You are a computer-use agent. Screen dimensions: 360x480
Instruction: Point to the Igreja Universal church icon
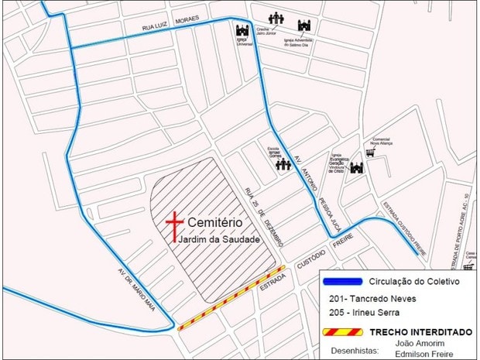[243, 33]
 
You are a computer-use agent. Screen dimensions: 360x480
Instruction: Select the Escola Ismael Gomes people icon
[283, 164]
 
